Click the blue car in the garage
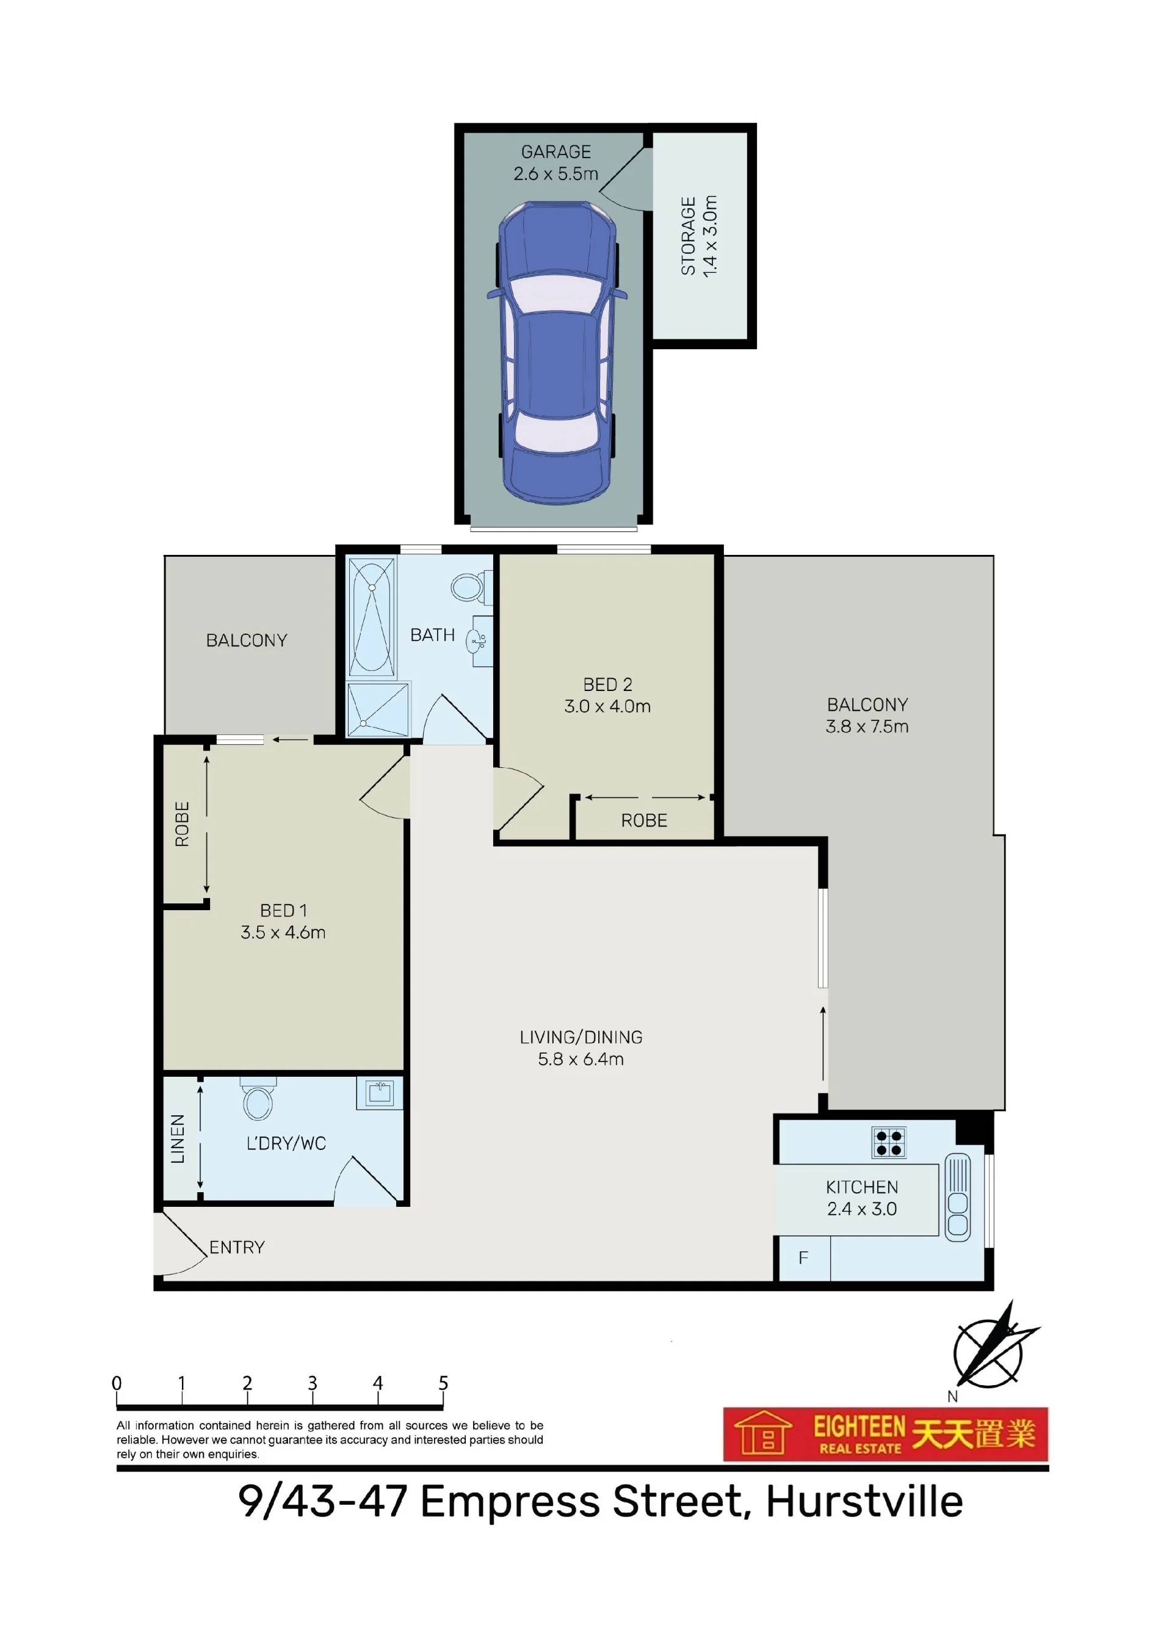pyautogui.click(x=557, y=353)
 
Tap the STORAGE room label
pyautogui.click(x=689, y=237)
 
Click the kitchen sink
pyautogui.click(x=958, y=1197)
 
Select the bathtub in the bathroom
pyautogui.click(x=372, y=617)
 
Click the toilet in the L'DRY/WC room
pyautogui.click(x=258, y=1101)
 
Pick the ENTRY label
pyautogui.click(x=237, y=1247)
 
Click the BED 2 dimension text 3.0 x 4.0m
pyautogui.click(x=607, y=706)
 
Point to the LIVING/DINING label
pyautogui.click(x=581, y=1037)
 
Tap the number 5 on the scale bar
pyautogui.click(x=443, y=1383)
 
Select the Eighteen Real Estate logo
pyautogui.click(x=886, y=1434)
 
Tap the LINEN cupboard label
pyautogui.click(x=178, y=1139)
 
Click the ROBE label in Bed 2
pyautogui.click(x=644, y=820)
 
